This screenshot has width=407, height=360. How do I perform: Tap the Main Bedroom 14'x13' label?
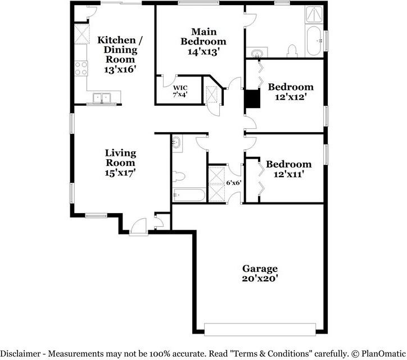203,41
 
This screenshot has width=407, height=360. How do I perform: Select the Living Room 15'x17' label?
120,163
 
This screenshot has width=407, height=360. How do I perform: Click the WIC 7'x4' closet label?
180,91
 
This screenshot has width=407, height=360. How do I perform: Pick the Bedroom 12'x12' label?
290,91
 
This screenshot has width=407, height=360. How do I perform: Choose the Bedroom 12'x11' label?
288,169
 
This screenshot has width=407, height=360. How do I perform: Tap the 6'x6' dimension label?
233,183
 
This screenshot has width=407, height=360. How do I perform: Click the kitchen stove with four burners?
81,68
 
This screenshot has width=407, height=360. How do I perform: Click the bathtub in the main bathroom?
314,39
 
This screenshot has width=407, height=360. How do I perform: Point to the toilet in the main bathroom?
292,51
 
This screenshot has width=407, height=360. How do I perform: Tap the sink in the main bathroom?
257,54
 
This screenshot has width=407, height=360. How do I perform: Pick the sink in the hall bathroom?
177,143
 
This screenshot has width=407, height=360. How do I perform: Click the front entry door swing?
137,226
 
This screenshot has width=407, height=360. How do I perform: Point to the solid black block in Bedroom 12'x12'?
252,98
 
